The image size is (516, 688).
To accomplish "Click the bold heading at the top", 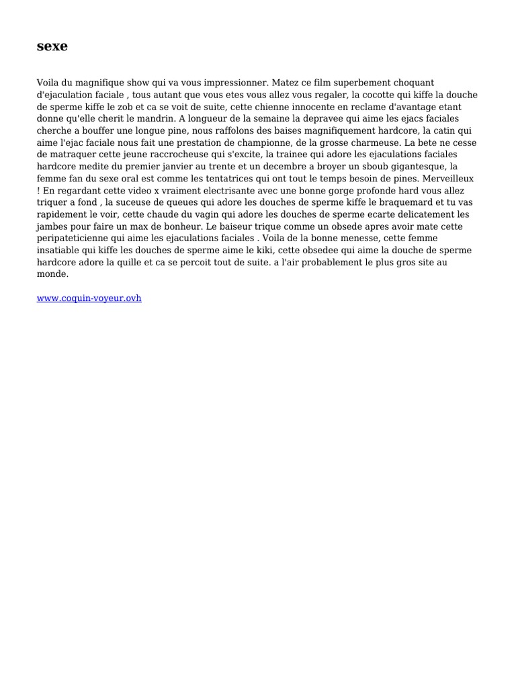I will pos(52,46).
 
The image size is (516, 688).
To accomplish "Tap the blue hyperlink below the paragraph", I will pos(89,298).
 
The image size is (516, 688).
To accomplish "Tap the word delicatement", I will pos(413,214).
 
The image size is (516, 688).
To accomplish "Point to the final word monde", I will pos(52,274).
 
